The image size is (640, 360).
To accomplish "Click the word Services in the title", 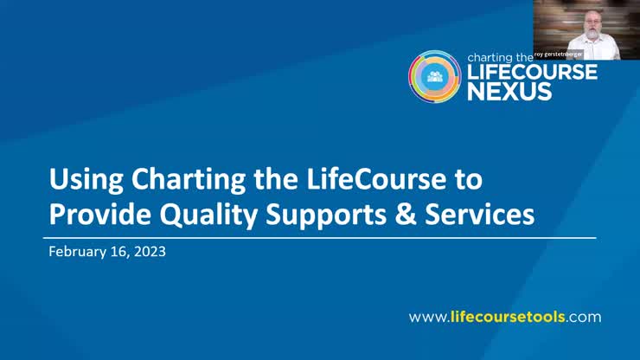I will tap(486, 214).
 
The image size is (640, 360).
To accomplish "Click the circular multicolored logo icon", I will tap(434, 76).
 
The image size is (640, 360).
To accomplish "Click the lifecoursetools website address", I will tap(504, 317).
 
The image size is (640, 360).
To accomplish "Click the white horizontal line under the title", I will tap(319, 237).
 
